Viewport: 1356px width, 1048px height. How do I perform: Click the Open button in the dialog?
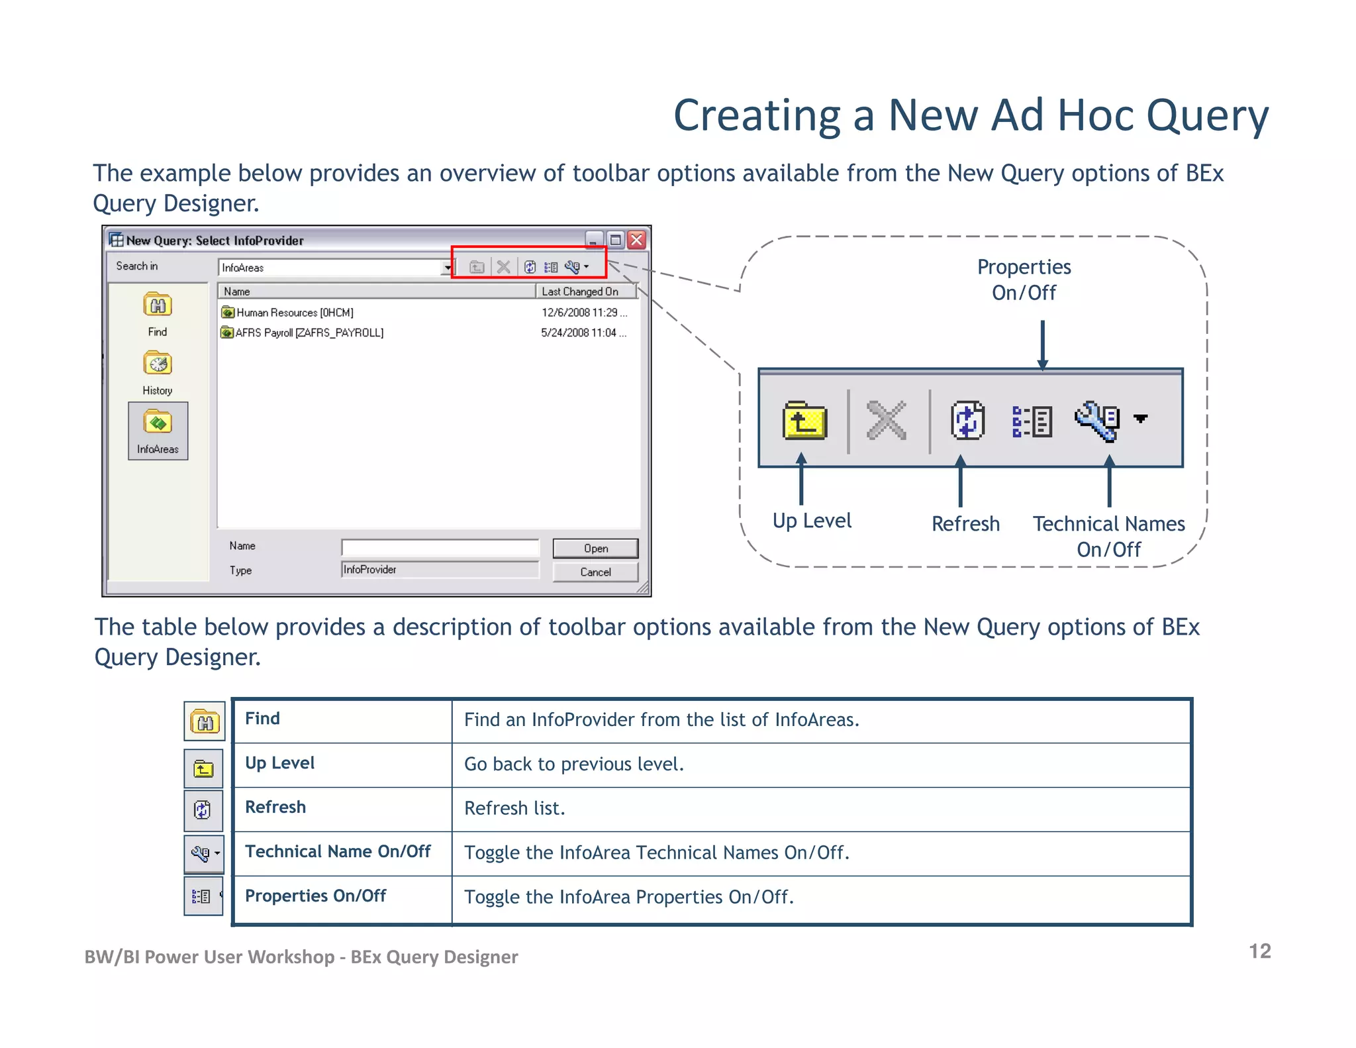[x=595, y=549]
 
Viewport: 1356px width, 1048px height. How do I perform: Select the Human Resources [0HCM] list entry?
[x=295, y=313]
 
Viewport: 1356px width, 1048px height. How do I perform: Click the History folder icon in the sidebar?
[x=158, y=364]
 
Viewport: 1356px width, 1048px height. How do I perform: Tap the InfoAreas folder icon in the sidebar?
[x=158, y=423]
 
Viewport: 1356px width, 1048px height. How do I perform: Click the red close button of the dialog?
[x=637, y=240]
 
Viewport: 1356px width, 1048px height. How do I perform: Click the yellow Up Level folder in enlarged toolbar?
[x=804, y=421]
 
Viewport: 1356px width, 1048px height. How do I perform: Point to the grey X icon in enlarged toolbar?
[x=886, y=421]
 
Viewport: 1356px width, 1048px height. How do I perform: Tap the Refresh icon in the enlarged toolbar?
[x=967, y=421]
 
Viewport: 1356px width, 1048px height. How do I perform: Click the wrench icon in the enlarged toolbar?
[x=1096, y=421]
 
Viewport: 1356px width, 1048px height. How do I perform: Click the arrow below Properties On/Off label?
[x=1042, y=344]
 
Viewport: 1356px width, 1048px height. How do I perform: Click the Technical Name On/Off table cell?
[x=338, y=852]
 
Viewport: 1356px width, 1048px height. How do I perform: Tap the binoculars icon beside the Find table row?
[x=205, y=721]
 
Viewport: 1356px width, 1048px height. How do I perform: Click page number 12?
[x=1259, y=951]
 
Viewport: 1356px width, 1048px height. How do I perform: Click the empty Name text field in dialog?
[x=440, y=548]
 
